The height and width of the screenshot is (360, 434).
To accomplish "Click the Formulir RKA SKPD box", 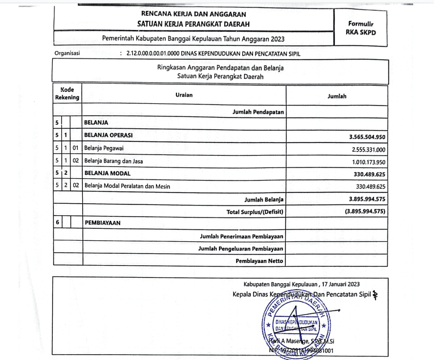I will coord(361,28).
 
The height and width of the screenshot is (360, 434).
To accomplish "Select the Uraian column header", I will coord(184,95).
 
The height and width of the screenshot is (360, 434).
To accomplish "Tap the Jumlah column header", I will coord(337,97).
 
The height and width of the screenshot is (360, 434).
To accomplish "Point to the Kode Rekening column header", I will coord(67,94).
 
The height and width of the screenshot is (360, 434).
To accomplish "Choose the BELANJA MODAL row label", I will coord(107,173).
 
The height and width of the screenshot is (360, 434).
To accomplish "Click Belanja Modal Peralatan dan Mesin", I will coord(127,186).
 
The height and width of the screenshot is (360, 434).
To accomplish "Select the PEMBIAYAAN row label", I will coord(104,223).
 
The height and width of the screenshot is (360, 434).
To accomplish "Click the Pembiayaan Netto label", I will coord(260,261).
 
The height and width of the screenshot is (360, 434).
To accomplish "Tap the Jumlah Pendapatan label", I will coord(258,112).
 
